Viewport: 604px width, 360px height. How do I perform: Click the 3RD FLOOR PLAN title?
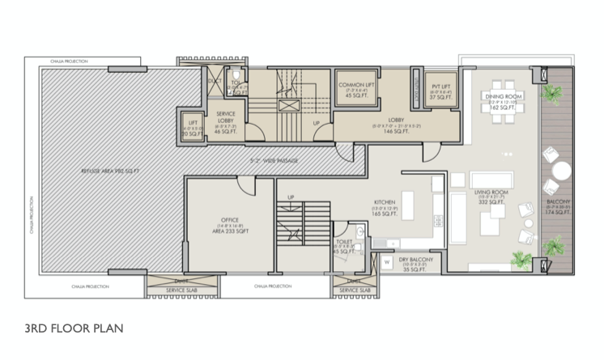pos(74,329)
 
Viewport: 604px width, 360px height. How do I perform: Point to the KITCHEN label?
pos(384,202)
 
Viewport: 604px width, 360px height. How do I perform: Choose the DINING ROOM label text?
pos(501,96)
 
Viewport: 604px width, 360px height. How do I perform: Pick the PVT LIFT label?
pos(440,87)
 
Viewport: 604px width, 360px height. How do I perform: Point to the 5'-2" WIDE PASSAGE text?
pos(274,161)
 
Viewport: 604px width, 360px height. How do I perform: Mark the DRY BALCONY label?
pos(416,260)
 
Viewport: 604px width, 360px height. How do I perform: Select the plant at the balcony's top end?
pos(552,94)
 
